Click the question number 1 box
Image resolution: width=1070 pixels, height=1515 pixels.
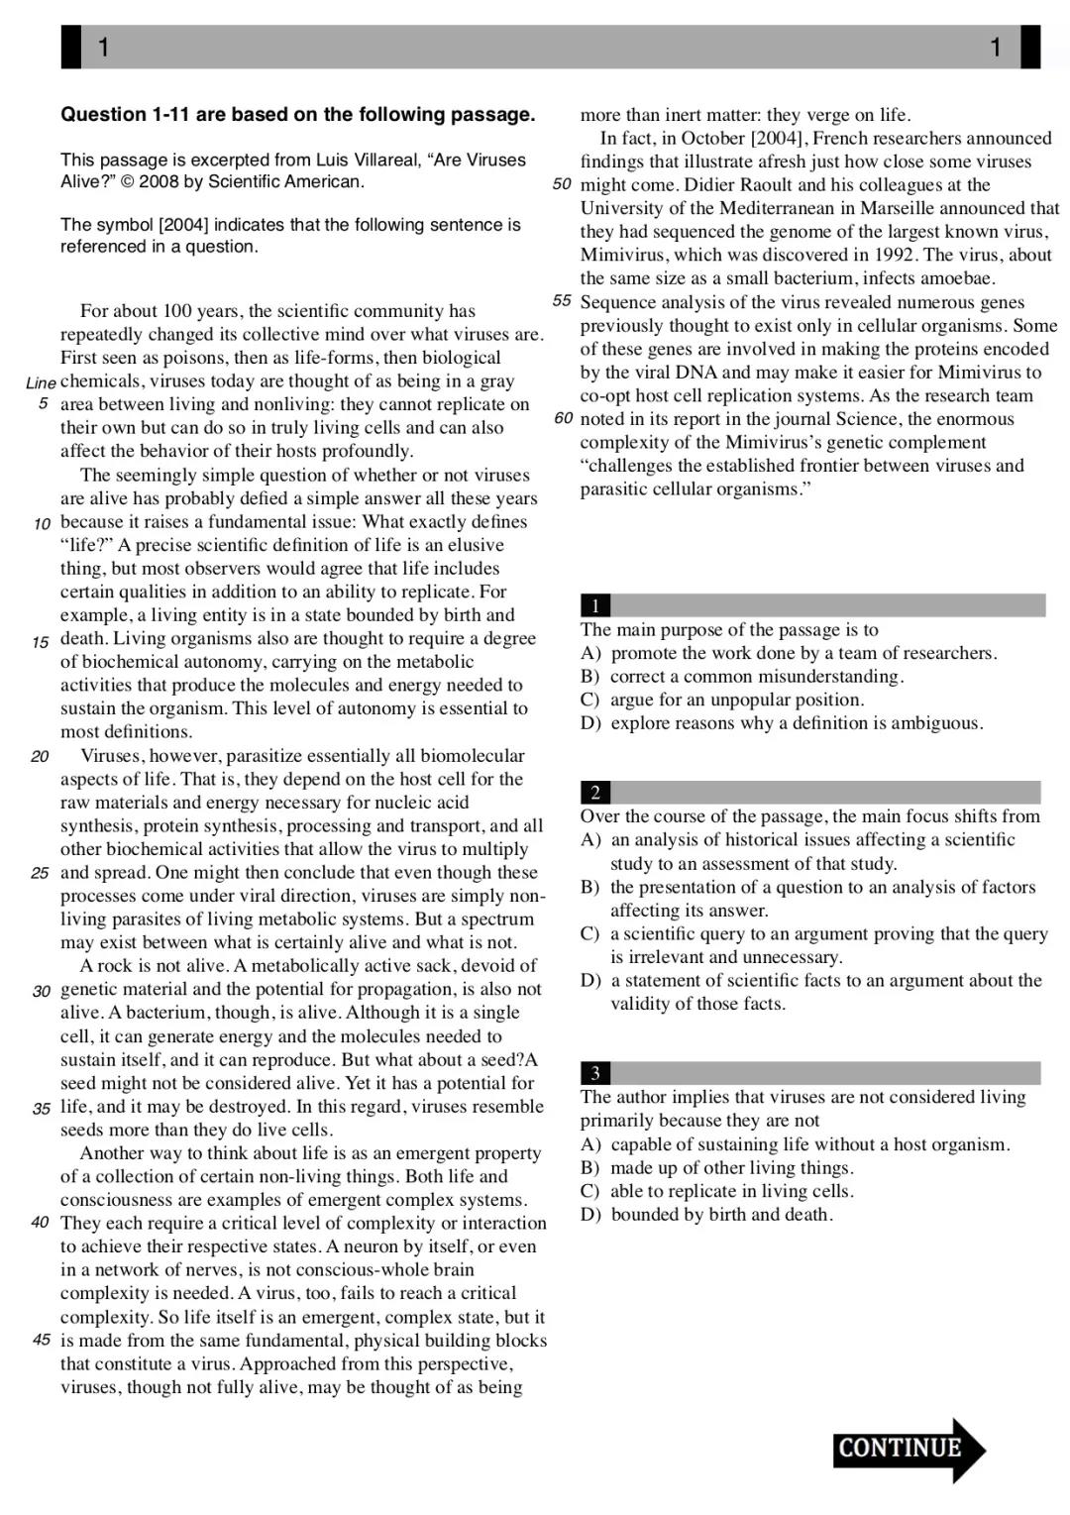click(x=594, y=605)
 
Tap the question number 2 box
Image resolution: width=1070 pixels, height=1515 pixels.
click(x=594, y=792)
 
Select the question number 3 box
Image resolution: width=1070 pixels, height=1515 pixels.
click(x=594, y=1073)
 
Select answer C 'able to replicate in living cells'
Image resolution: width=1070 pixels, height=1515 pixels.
click(x=717, y=1191)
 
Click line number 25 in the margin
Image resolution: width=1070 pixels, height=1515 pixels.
click(x=40, y=873)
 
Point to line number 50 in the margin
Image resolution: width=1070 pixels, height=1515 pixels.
click(x=562, y=185)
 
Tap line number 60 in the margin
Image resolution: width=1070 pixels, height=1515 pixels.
click(x=563, y=419)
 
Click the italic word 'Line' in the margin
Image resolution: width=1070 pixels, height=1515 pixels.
click(x=41, y=382)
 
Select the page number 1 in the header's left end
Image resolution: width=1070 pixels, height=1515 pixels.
click(x=103, y=47)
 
